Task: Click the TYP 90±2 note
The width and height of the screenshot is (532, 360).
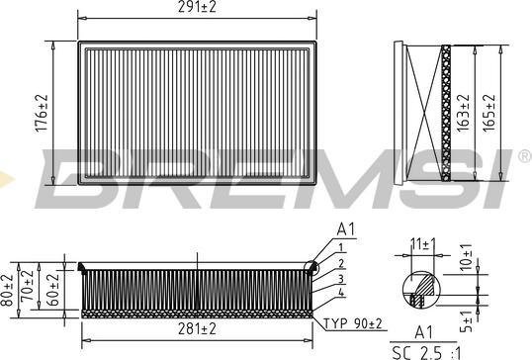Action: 352,324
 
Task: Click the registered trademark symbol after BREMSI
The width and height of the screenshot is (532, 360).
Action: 521,156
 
